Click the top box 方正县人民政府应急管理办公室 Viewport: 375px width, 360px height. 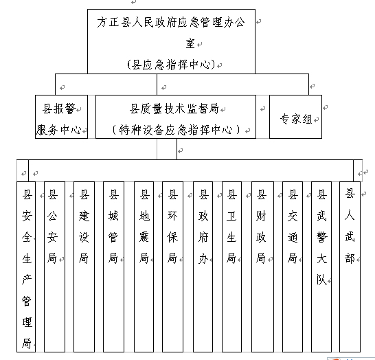tap(171, 41)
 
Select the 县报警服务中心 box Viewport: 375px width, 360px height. tap(61, 117)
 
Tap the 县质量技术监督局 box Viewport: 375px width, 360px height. tap(176, 117)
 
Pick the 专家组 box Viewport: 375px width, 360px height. tap(295, 117)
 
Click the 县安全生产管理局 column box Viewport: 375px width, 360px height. tap(26, 267)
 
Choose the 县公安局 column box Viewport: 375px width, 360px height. tap(54, 267)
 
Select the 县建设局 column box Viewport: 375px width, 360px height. tap(84, 267)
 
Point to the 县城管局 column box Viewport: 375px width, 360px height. tap(113, 267)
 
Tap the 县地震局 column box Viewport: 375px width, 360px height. tap(144, 267)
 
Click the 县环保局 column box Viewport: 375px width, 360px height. tap(172, 267)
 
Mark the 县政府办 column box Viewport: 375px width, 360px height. tap(203, 267)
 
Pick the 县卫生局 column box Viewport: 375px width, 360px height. tap(231, 267)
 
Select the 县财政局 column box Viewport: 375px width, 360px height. tap(262, 267)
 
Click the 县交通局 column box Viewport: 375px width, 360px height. tap(293, 267)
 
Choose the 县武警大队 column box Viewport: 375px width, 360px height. tap(321, 267)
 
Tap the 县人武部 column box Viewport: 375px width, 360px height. tap(350, 267)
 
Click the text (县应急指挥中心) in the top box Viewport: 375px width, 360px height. tap(172, 65)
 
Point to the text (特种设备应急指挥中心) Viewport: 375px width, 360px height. tap(176, 130)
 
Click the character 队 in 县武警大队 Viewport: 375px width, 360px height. tap(321, 279)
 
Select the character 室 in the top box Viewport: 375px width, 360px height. tap(190, 43)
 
